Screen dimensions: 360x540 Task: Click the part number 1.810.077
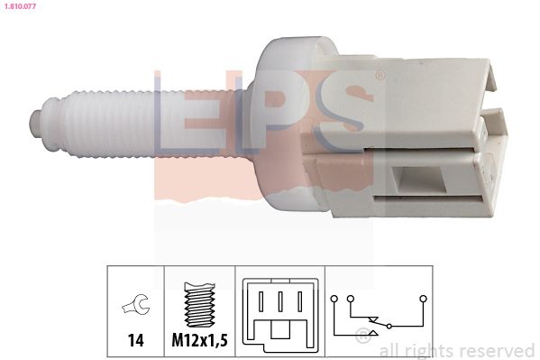click(19, 7)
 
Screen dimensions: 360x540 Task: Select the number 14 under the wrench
click(134, 341)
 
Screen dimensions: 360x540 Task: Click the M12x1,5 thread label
click(199, 341)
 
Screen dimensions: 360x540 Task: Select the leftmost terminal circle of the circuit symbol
click(334, 298)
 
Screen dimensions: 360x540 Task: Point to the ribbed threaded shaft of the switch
click(99, 122)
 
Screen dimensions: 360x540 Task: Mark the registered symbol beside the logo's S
click(380, 76)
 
